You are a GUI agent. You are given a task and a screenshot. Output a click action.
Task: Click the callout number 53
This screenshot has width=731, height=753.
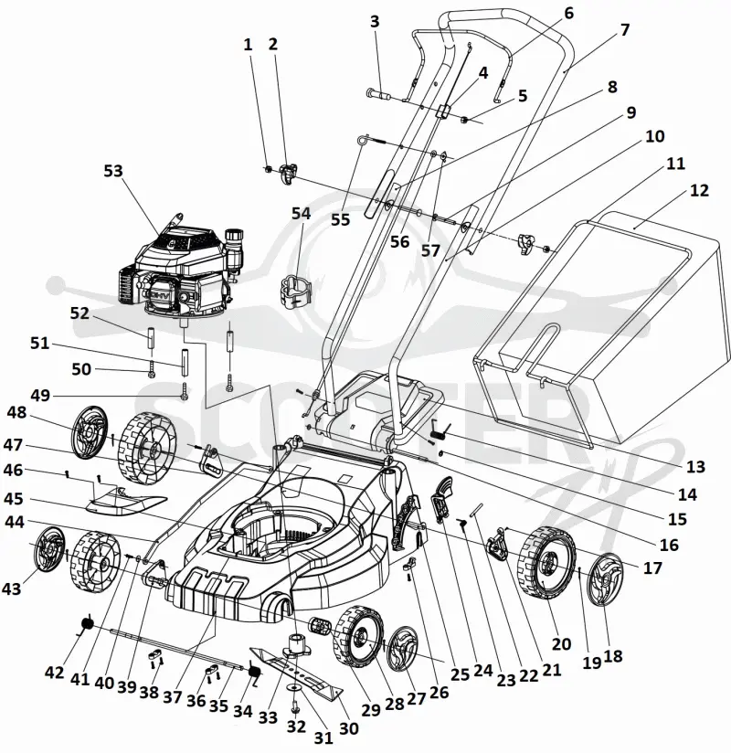click(113, 171)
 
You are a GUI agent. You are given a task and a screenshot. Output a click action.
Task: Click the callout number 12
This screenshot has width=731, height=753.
click(699, 191)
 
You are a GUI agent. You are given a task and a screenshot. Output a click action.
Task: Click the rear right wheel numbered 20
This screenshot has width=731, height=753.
click(546, 562)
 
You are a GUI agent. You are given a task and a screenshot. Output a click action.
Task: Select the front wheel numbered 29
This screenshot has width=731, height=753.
click(359, 637)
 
